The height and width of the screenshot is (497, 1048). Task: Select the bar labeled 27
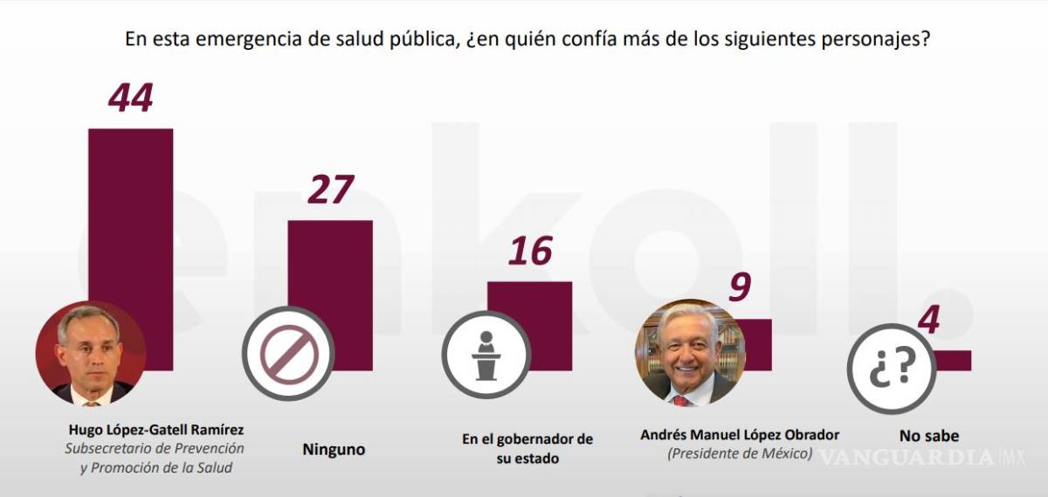tap(330, 262)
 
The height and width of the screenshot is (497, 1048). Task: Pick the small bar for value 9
tap(756, 344)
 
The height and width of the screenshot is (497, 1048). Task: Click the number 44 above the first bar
tap(131, 97)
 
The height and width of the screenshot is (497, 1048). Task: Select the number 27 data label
tap(330, 190)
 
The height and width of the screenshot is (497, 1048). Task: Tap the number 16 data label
tap(530, 252)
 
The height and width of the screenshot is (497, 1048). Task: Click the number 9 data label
tap(739, 287)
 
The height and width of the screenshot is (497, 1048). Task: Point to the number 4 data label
tap(929, 321)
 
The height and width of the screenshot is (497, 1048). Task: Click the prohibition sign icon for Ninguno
tap(288, 354)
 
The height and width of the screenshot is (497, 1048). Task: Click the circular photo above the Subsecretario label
tap(90, 354)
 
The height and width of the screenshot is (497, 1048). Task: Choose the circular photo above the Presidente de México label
tap(690, 354)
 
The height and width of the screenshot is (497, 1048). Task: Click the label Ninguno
tap(334, 451)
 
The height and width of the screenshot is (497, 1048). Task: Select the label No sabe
tap(929, 436)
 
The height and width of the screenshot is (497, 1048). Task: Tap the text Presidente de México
tap(740, 454)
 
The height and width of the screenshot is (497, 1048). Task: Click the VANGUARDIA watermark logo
tap(908, 457)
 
